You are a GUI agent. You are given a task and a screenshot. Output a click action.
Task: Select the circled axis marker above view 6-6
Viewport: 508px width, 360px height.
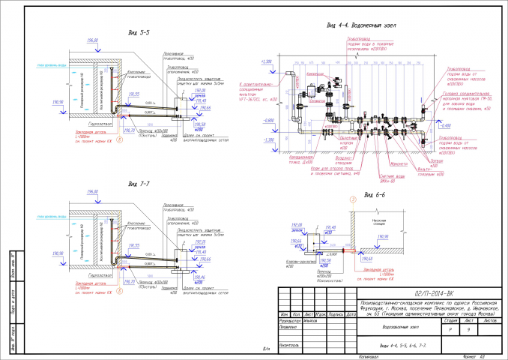(351, 199)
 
